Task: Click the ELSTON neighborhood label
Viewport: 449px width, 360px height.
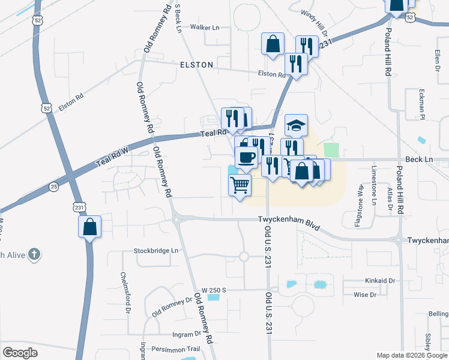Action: pyautogui.click(x=196, y=64)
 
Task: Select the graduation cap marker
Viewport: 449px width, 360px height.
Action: pyautogui.click(x=296, y=125)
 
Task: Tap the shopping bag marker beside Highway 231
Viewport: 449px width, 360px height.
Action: pyautogui.click(x=89, y=227)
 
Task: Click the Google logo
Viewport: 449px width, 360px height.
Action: pyautogui.click(x=20, y=352)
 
